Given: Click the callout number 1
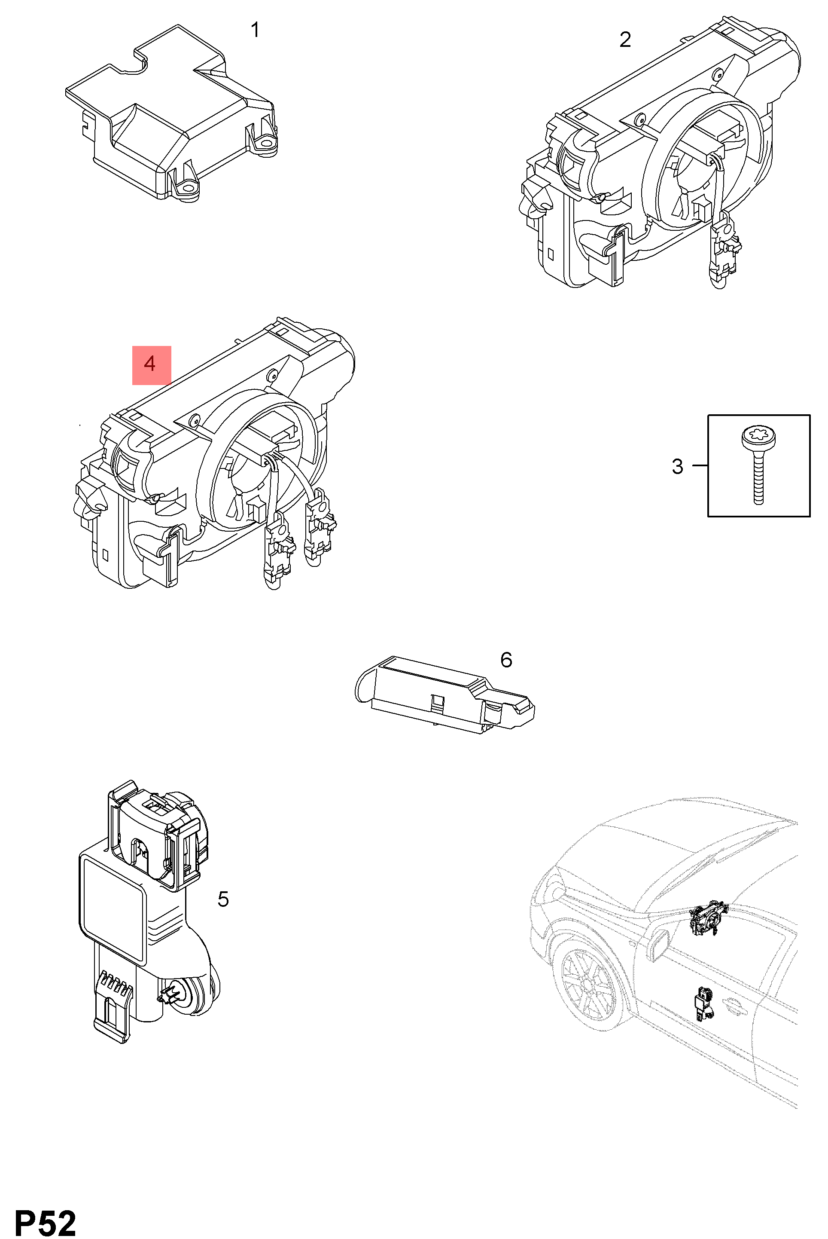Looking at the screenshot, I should pyautogui.click(x=255, y=30).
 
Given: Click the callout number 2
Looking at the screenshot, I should pyautogui.click(x=625, y=40).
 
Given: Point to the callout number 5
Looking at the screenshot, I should pyautogui.click(x=223, y=899).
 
